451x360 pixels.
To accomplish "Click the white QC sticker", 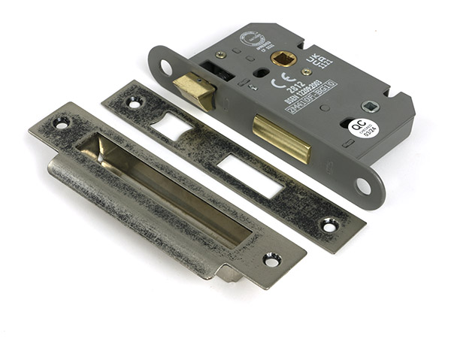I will click(363, 129).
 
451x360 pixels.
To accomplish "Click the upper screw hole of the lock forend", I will click(165, 67).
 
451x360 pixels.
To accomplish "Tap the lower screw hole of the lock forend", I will click(363, 183).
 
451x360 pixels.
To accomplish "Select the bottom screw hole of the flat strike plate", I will click(329, 224).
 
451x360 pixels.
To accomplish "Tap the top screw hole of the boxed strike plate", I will click(60, 123).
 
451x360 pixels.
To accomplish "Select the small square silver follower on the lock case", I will click(370, 106).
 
